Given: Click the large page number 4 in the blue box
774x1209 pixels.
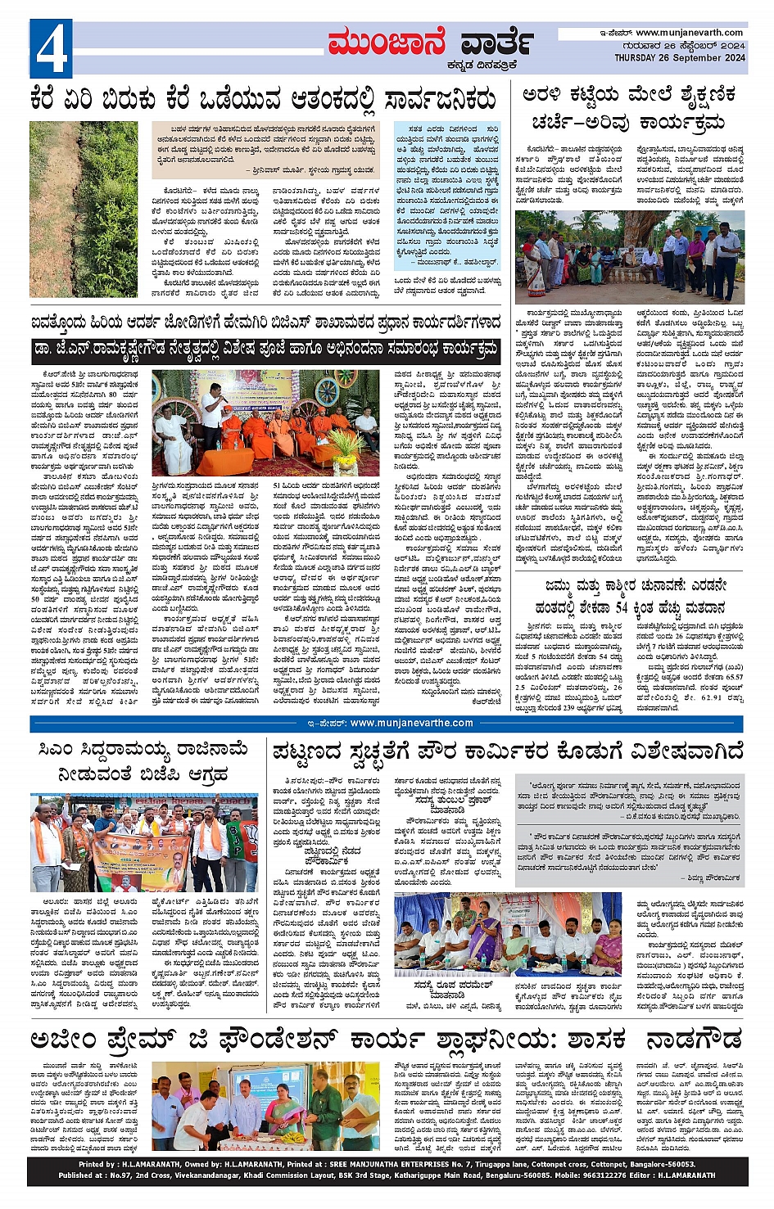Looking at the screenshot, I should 51,49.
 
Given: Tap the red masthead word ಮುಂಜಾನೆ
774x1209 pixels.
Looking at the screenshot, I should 387,43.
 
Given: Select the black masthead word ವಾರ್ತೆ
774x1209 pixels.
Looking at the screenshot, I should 496,43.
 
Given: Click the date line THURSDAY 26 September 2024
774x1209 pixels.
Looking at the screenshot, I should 679,58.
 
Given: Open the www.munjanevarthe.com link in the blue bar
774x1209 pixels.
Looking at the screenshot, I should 411,723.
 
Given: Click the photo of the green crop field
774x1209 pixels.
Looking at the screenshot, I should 84,210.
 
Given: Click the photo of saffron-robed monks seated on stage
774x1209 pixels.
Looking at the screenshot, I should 265,422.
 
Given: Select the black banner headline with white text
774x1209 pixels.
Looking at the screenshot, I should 265,350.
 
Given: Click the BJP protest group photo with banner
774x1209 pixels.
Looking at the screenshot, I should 144,842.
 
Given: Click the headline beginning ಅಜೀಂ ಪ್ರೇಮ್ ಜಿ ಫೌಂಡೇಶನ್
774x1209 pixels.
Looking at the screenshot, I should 328,1040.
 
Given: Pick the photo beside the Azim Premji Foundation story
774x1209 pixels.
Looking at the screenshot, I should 265,1106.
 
